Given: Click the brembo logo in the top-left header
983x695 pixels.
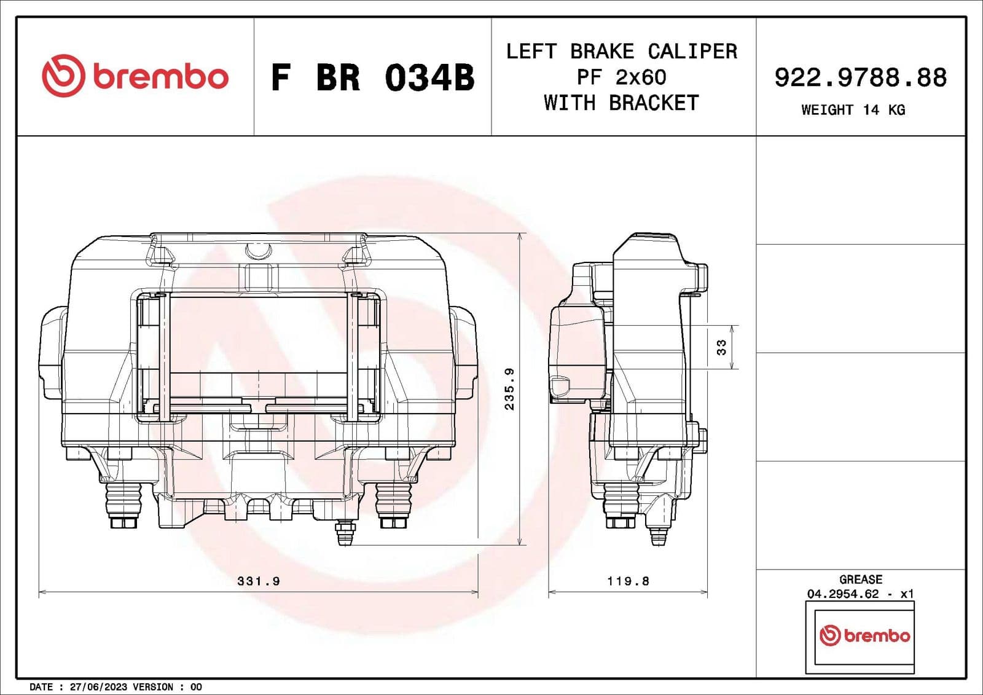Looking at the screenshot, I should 135,76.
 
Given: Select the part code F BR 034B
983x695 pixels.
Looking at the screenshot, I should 372,78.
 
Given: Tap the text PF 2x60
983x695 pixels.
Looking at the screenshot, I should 621,77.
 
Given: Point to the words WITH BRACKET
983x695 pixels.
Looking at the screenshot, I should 621,103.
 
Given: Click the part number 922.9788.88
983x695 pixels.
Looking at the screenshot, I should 860,77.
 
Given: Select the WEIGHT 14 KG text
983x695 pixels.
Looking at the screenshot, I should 853,110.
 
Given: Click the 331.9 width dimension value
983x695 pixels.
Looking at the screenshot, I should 259,581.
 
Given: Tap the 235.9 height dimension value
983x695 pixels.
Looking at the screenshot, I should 509,389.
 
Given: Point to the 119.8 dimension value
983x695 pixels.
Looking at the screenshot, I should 628,581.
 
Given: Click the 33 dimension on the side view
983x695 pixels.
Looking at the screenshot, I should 721,347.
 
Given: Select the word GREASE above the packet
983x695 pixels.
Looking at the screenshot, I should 860,579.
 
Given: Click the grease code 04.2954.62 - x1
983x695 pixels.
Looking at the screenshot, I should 860,594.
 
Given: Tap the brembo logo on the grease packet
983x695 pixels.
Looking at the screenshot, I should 864,635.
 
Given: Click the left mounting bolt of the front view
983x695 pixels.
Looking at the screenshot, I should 124,504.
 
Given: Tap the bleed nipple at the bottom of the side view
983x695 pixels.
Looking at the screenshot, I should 658,535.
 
